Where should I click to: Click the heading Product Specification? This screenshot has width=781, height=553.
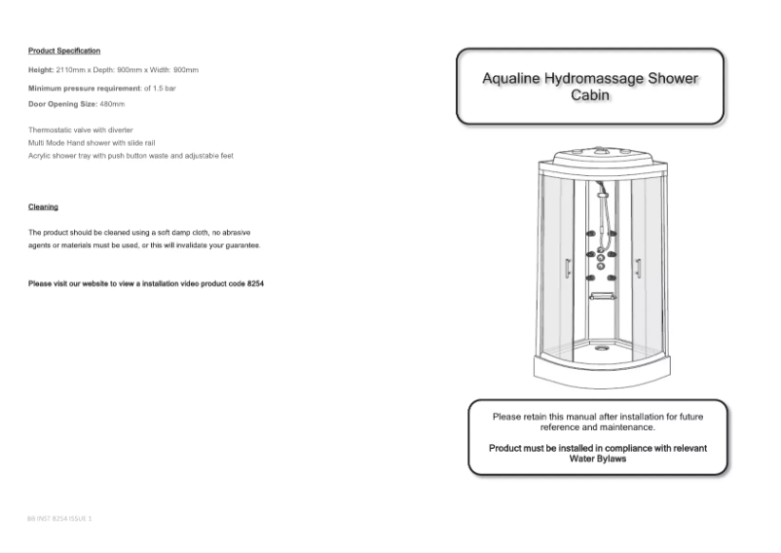(x=64, y=51)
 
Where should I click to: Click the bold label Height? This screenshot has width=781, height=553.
(x=42, y=71)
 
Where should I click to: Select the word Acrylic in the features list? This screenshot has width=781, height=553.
(x=42, y=155)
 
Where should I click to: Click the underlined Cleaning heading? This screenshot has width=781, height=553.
(x=43, y=206)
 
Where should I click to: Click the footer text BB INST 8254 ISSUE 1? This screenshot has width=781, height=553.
(x=59, y=518)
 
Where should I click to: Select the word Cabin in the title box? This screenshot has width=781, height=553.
(x=590, y=96)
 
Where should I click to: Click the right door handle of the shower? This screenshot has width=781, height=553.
(x=638, y=270)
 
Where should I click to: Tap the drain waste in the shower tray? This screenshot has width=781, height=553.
(x=601, y=343)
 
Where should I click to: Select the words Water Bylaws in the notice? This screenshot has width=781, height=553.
(x=597, y=458)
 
